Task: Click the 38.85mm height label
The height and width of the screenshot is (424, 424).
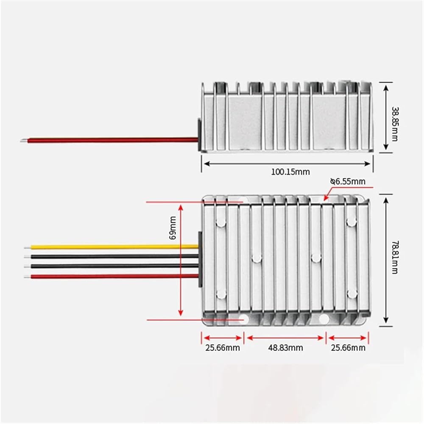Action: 395,124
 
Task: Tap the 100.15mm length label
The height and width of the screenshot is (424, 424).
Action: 290,171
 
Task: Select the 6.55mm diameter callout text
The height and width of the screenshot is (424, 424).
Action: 348,181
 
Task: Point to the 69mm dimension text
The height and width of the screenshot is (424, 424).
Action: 173,227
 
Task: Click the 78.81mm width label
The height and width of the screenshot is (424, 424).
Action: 395,257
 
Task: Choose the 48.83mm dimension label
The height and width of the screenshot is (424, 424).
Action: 285,348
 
